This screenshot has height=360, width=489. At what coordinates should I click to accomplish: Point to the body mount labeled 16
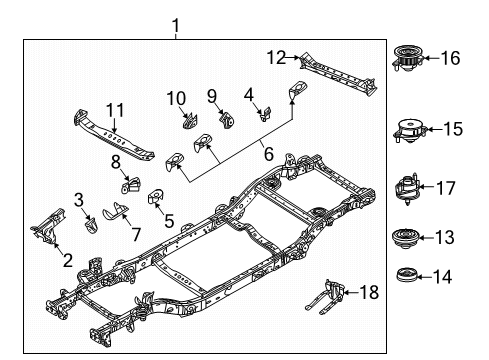point(408,56)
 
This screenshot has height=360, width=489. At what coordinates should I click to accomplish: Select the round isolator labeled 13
point(408,240)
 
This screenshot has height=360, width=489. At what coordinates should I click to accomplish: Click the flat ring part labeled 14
point(408,275)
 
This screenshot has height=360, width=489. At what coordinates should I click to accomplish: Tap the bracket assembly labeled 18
point(335,296)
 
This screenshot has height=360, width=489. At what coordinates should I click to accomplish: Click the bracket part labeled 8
point(130,186)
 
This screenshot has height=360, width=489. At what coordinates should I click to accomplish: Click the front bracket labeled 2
point(45,229)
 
